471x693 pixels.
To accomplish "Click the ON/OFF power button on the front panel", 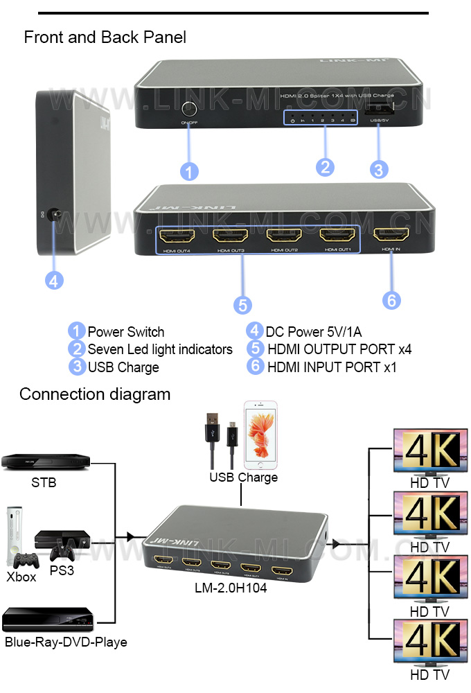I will pyautogui.click(x=188, y=109).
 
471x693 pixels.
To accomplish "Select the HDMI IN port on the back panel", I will pyautogui.click(x=391, y=236).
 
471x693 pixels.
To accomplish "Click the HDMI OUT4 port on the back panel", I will pyautogui.click(x=175, y=236).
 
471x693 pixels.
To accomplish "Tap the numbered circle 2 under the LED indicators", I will pyautogui.click(x=325, y=167).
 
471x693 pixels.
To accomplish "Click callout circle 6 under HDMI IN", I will pyautogui.click(x=391, y=299).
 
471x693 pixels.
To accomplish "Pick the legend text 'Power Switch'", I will pyautogui.click(x=125, y=332).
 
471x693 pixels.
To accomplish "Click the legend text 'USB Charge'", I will pyautogui.click(x=123, y=367).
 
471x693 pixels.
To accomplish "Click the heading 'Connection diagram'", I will pyautogui.click(x=95, y=394).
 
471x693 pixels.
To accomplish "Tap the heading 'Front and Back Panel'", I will pyautogui.click(x=105, y=37).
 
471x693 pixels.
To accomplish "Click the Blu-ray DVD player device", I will pyautogui.click(x=48, y=619).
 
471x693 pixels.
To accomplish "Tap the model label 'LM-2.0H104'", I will pyautogui.click(x=231, y=588).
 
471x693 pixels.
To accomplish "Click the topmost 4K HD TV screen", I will pyautogui.click(x=427, y=451).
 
